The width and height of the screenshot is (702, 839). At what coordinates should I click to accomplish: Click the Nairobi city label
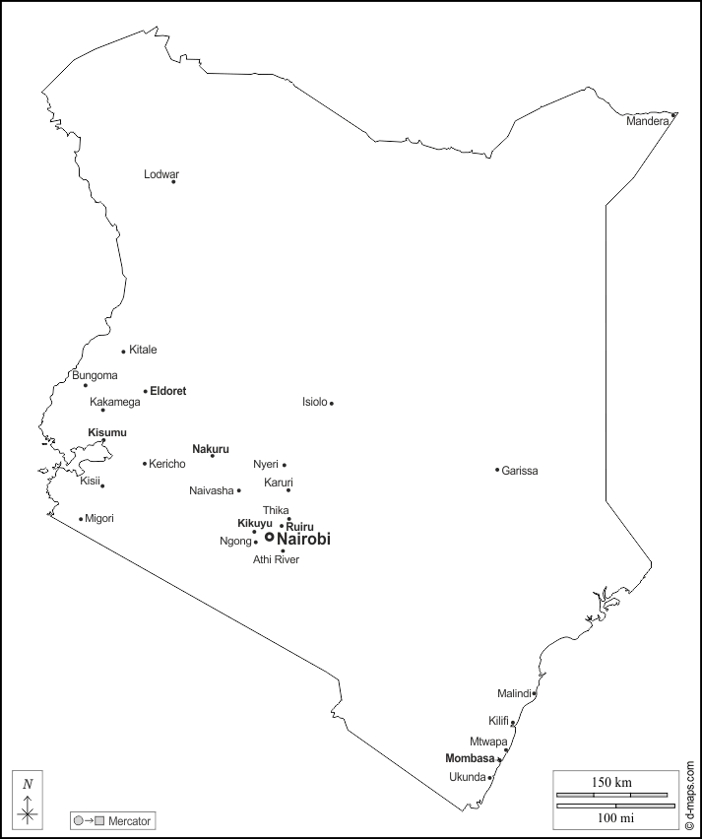pos(304,540)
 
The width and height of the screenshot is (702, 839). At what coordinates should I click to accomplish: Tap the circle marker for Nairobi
pos(269,537)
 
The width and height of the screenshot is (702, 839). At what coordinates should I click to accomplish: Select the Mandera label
pos(648,122)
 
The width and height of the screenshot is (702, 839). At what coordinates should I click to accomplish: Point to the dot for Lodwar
pos(174,181)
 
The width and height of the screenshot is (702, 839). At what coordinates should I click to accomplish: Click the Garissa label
pos(520,471)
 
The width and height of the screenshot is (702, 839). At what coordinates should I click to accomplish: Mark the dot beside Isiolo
pos(332,403)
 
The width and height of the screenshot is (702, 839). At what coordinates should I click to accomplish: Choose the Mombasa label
pos(470,758)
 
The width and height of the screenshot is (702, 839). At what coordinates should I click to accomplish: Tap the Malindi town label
pos(514,693)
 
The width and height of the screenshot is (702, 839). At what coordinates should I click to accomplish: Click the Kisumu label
pos(107,432)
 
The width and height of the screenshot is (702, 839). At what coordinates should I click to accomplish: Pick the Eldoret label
pos(168,391)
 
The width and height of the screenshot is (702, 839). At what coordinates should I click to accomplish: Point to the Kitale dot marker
pos(123,352)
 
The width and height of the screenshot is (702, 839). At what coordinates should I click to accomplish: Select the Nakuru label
pos(211,449)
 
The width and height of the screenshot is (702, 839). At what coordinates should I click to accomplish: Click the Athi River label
pos(276,560)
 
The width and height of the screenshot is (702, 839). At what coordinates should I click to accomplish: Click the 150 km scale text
pos(611,782)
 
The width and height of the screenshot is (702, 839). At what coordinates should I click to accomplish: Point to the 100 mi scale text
pos(611,817)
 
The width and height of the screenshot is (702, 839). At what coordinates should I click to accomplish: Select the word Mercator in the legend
pos(130,820)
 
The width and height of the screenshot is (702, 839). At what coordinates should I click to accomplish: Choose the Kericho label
pos(167,464)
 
